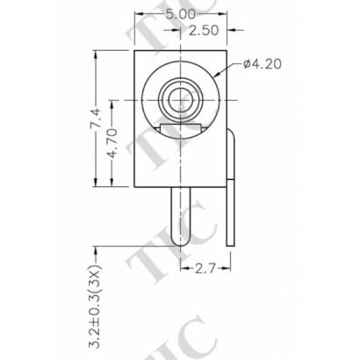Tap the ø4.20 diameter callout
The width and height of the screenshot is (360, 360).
click(x=261, y=63)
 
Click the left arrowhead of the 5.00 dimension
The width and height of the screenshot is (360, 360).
click(x=138, y=15)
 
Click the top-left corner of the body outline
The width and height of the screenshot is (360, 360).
click(x=135, y=50)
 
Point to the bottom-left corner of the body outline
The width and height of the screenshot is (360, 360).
click(x=135, y=187)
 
